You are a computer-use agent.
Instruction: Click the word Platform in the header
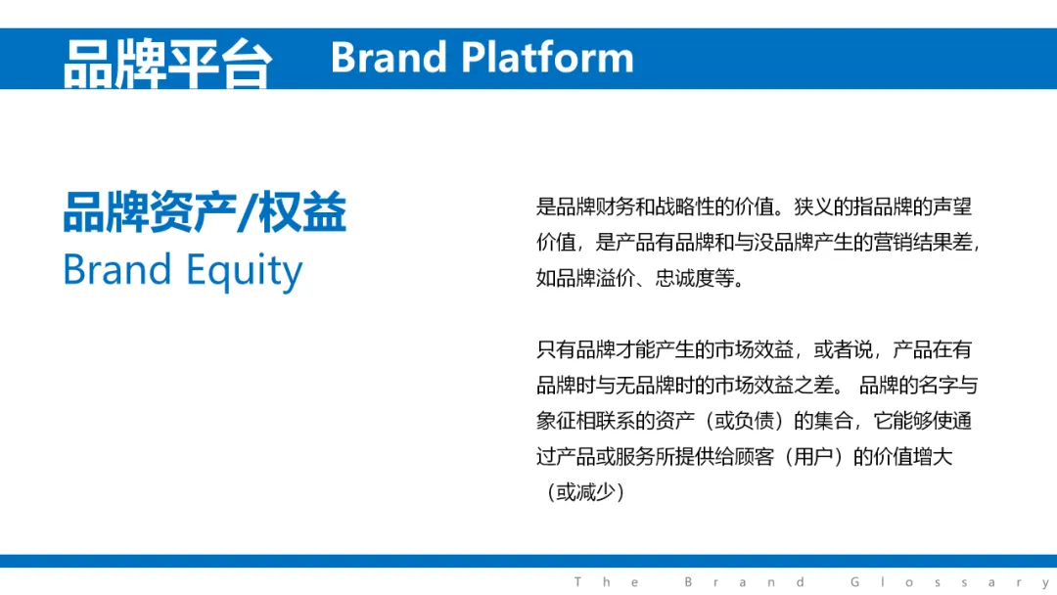(547, 58)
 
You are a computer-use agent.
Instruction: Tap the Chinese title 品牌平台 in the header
(168, 64)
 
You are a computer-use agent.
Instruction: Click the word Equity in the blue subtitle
(244, 271)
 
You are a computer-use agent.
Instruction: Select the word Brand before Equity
(117, 269)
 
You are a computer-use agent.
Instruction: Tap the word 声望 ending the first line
(952, 206)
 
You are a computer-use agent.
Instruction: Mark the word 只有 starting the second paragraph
(556, 349)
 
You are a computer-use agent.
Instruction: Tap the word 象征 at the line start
(556, 421)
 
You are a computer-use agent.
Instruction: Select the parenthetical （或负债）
(744, 421)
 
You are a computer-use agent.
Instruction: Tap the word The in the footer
(607, 581)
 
